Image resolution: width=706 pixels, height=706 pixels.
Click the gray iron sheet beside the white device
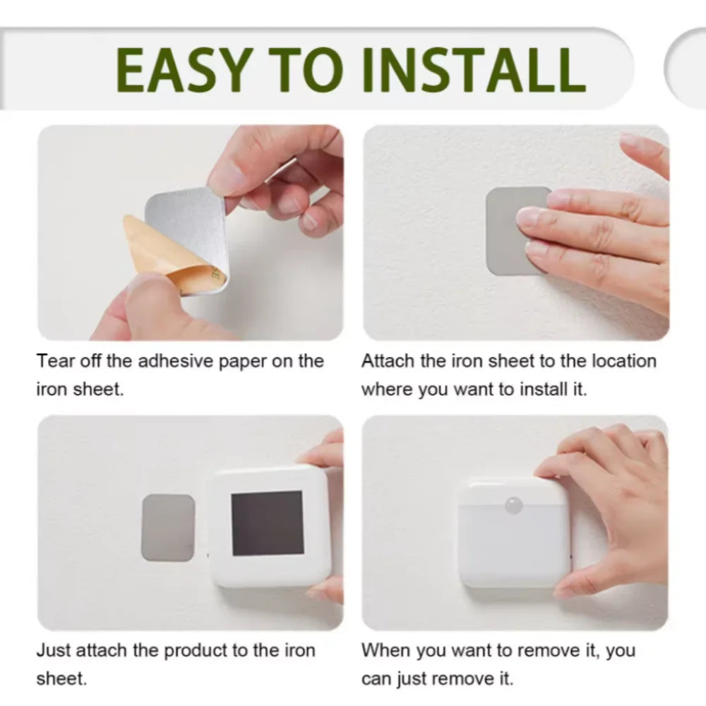coord(168,527)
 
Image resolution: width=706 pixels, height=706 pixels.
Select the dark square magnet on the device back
coord(268,522)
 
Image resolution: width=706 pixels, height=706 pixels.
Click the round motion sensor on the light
coord(514,505)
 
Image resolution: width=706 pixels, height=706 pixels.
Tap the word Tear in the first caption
coord(54,361)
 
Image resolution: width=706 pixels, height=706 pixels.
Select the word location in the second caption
coord(621,361)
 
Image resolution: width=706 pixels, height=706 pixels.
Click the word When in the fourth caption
coord(386,651)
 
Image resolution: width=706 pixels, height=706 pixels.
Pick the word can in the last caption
coord(376,679)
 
